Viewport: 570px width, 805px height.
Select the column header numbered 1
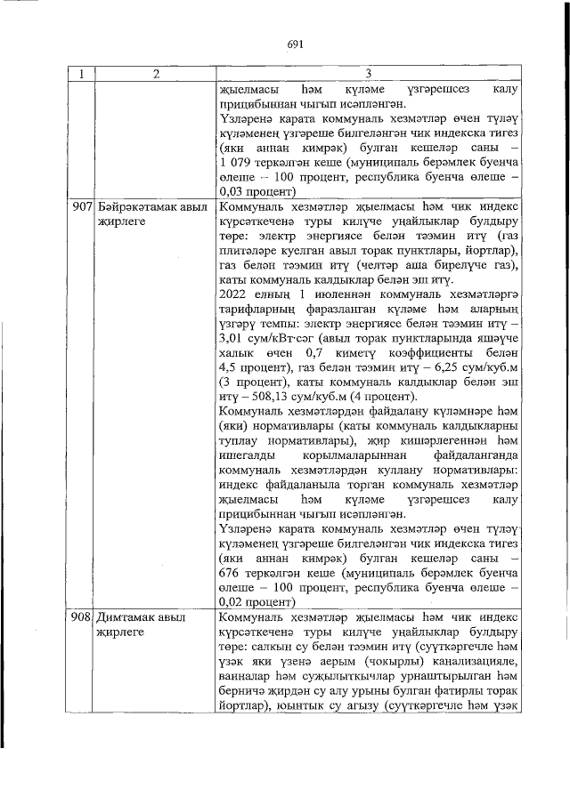(81, 75)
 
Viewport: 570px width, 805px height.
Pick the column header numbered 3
(367, 75)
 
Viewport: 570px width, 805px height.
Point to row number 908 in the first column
(82, 616)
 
